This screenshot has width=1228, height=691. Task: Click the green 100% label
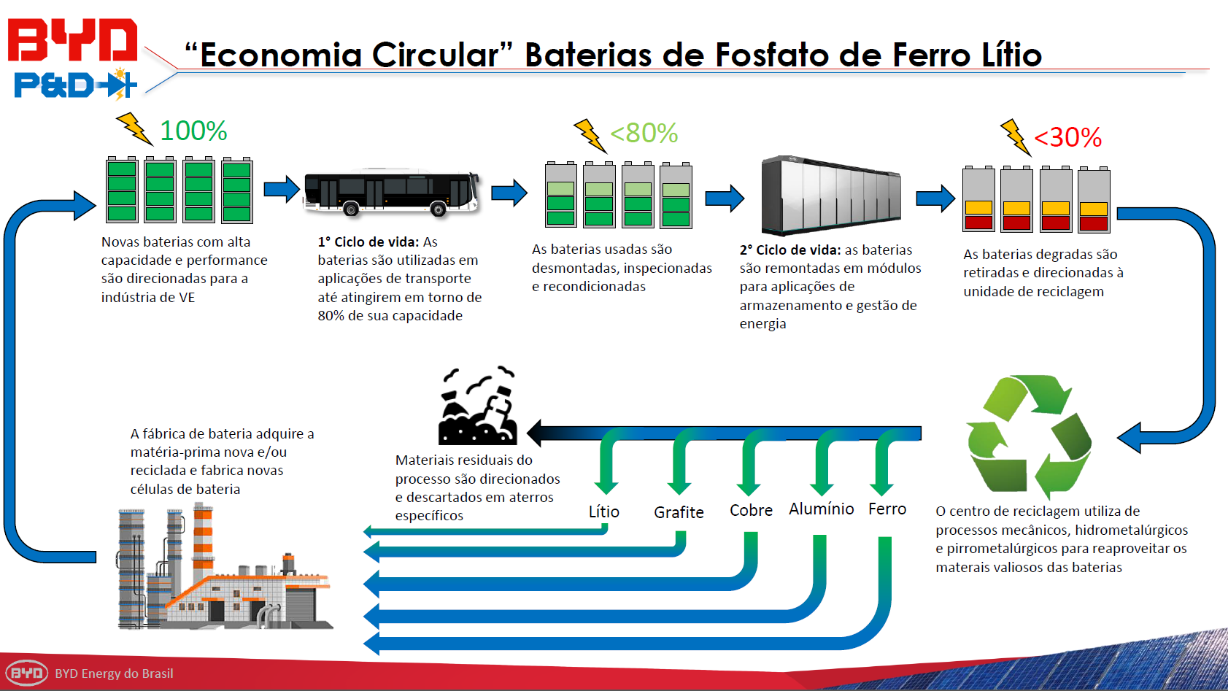point(193,131)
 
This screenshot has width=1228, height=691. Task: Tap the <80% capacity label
point(644,134)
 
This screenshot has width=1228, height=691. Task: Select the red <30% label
point(1068,138)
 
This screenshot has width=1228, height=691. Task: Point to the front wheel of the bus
point(439,210)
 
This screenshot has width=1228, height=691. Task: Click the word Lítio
point(604,512)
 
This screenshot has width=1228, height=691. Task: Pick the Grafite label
point(679,512)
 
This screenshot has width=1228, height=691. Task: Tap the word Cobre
point(751,510)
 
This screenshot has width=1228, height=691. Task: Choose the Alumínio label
point(821,509)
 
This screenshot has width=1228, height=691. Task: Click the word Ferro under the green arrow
point(887,509)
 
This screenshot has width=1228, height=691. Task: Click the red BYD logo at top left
point(72,40)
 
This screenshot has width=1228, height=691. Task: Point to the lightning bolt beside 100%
point(134,128)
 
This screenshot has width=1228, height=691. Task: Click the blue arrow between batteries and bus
point(282,190)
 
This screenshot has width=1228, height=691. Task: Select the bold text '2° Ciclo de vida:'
point(790,250)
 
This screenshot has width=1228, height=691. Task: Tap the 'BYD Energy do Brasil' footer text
point(114,673)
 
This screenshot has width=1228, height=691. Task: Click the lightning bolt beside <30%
point(1015,136)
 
